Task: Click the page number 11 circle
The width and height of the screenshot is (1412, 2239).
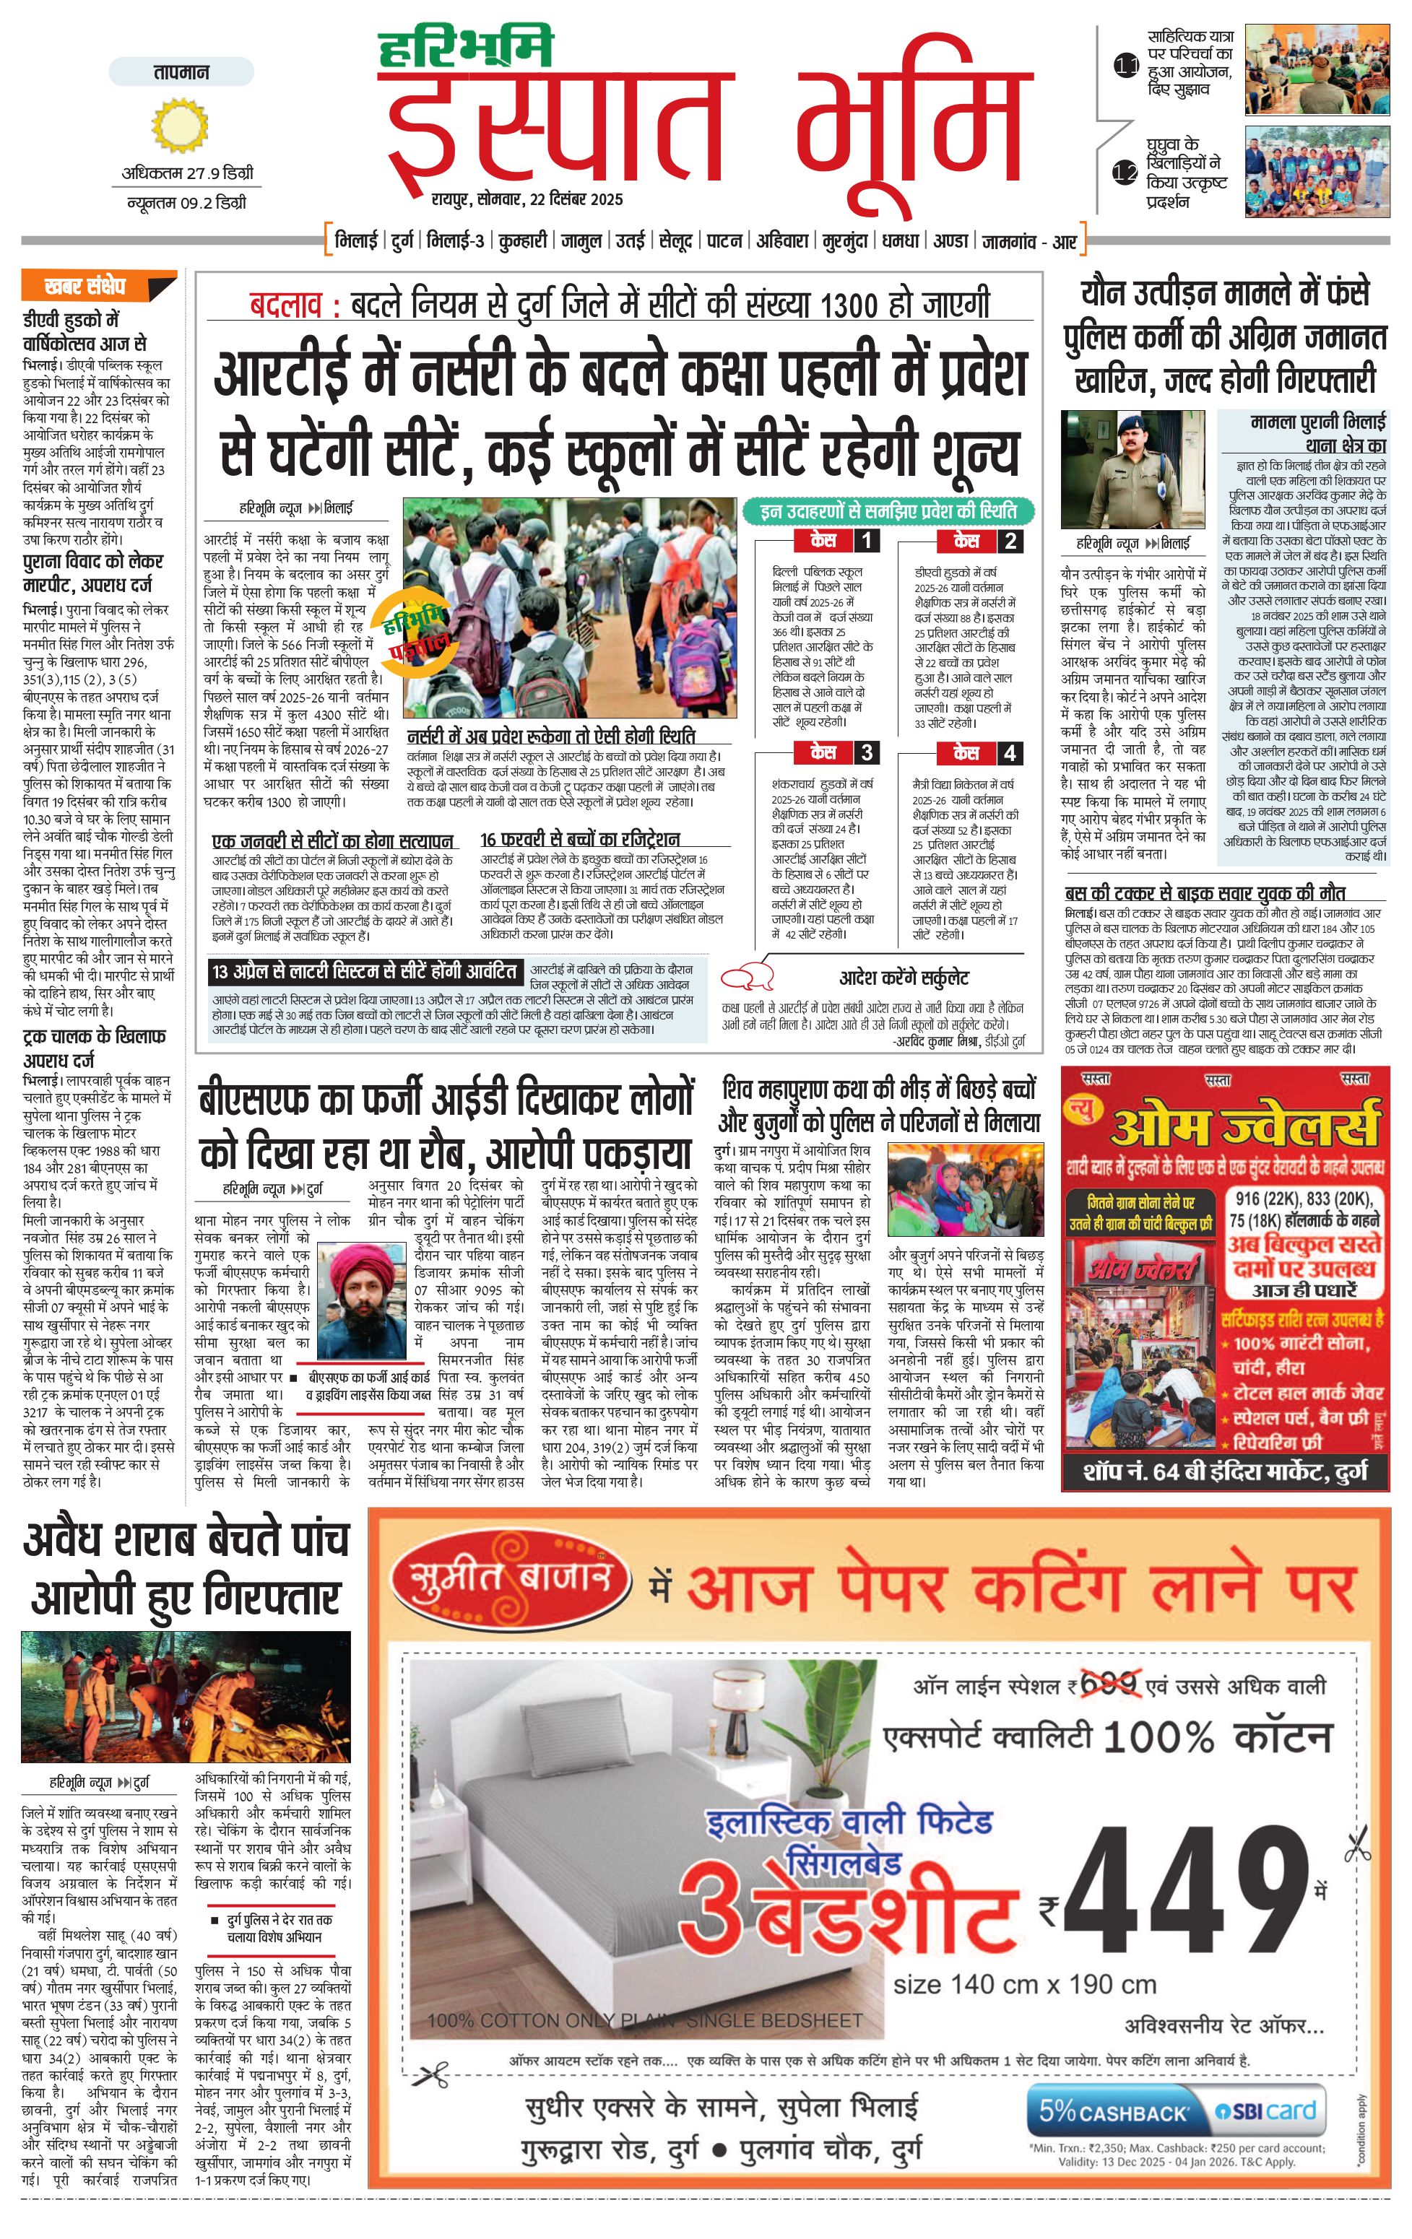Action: [x=1125, y=65]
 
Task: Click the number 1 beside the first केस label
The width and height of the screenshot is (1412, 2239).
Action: [x=867, y=540]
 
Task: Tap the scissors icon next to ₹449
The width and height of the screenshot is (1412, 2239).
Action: [x=1357, y=1843]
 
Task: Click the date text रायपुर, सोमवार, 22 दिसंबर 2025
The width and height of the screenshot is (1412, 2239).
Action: [x=527, y=199]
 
